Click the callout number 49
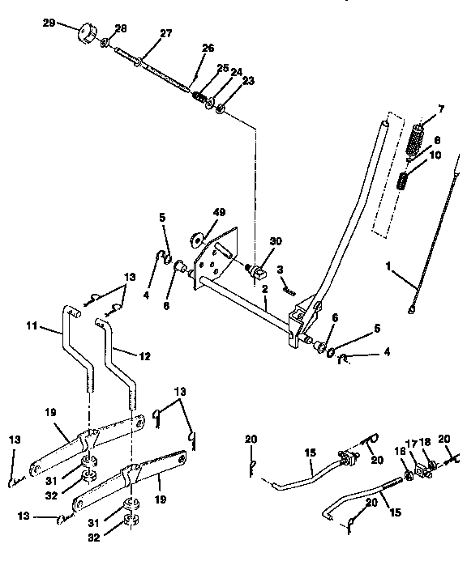[x=218, y=212]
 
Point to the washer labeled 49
[x=197, y=240]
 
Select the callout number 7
[x=441, y=108]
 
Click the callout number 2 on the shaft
[x=265, y=290]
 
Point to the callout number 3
[x=280, y=269]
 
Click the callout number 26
[x=208, y=49]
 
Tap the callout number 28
[x=121, y=28]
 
